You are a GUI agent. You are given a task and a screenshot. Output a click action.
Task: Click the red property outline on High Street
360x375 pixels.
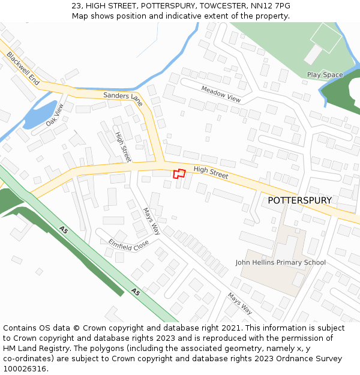(x=179, y=174)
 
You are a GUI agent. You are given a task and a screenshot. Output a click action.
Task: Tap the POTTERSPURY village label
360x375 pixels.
(x=299, y=200)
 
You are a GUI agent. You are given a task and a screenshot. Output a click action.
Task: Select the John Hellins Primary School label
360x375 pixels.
(x=280, y=262)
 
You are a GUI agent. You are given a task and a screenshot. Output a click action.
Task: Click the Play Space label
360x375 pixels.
(x=325, y=75)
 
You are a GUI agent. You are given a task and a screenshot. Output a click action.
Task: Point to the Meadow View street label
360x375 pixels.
(x=221, y=94)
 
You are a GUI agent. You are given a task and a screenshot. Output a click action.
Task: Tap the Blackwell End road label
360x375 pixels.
(x=23, y=67)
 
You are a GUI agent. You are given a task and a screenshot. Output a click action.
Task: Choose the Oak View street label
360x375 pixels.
(x=55, y=115)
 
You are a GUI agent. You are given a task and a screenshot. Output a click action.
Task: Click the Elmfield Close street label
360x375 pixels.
(x=128, y=245)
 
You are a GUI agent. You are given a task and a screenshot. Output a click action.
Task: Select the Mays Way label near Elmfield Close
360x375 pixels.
(x=152, y=221)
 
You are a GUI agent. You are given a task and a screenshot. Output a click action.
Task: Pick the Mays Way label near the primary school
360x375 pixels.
(x=239, y=304)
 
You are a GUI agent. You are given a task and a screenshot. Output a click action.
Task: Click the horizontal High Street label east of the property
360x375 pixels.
(x=211, y=173)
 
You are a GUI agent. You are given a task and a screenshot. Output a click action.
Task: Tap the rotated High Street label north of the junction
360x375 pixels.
(x=123, y=146)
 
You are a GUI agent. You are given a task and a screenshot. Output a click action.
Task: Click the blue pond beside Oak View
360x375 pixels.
(x=37, y=115)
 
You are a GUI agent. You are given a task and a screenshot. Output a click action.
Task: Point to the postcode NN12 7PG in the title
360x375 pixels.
(x=270, y=5)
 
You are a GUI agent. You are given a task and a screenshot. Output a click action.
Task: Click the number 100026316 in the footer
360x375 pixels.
(x=25, y=368)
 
